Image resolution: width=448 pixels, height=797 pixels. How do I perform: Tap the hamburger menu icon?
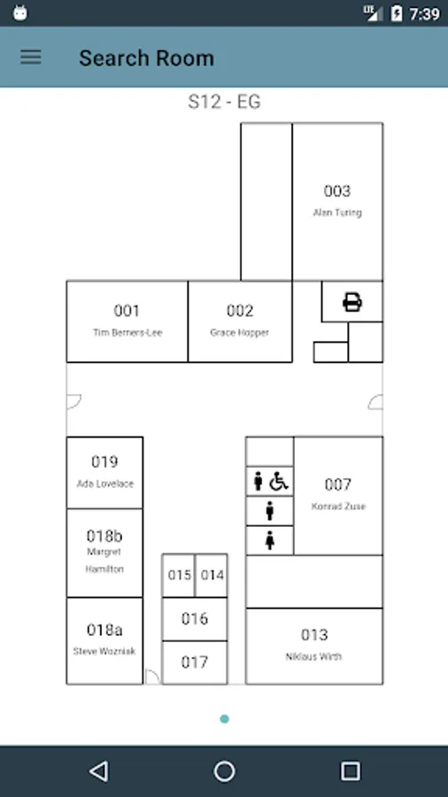[x=30, y=57]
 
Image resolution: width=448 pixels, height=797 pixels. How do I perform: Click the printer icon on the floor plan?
[x=352, y=301]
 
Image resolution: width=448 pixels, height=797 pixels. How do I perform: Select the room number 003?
[x=337, y=191]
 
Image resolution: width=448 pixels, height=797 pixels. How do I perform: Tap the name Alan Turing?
[x=337, y=213]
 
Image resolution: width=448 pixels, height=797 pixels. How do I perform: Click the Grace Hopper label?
[x=240, y=332]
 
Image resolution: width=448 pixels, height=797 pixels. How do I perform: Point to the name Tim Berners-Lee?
[x=127, y=332]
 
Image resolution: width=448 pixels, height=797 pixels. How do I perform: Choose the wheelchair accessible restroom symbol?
[x=279, y=481]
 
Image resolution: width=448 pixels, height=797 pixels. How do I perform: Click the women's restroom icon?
[x=270, y=540]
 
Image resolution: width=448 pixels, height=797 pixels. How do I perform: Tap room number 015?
[x=180, y=575]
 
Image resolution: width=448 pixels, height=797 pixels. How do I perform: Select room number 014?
[x=212, y=575]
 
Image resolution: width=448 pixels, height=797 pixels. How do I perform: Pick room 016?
[x=195, y=619]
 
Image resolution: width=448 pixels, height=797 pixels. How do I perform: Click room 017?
[x=195, y=662]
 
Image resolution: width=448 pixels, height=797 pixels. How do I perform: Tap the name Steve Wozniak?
[x=104, y=651]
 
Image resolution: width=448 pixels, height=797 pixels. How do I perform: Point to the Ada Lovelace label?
[x=105, y=484]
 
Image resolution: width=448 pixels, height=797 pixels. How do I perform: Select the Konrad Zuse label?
[x=338, y=507]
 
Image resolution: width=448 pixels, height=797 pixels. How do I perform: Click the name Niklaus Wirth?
[x=314, y=656]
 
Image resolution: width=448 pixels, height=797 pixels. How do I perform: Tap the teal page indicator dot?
[x=225, y=719]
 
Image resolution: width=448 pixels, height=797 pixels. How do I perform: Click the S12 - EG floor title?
[x=224, y=102]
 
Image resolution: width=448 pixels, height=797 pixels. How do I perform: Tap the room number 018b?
[x=104, y=536]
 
